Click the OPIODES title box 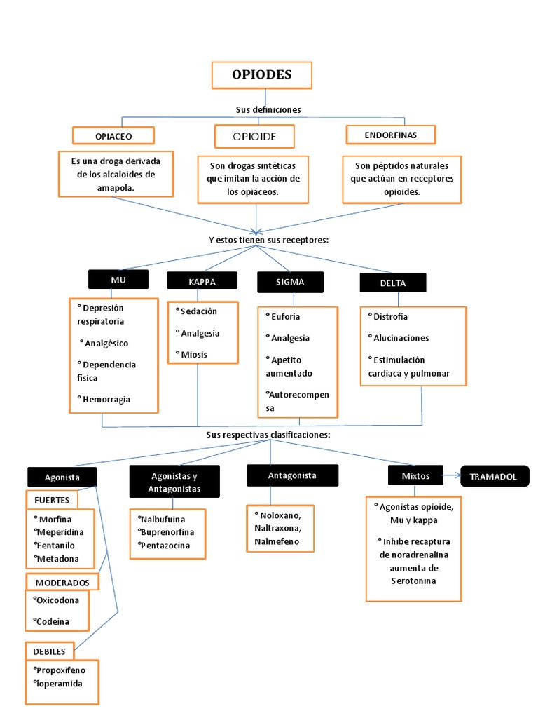pos(261,75)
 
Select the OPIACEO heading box pos(113,135)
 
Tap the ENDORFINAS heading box pos(390,134)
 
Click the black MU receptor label pos(118,279)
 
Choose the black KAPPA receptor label pos(202,280)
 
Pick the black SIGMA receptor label pos(290,281)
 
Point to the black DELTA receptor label pos(392,283)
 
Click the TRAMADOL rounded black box pos(494,476)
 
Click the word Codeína pos(54,621)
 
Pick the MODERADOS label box pos(62,582)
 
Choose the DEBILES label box pos(49,651)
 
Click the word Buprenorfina pos(166,531)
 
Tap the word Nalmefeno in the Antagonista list pos(276,541)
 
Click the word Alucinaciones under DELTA pos(400,338)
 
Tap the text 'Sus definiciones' pos(268,109)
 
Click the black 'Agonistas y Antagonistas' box pos(174,482)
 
